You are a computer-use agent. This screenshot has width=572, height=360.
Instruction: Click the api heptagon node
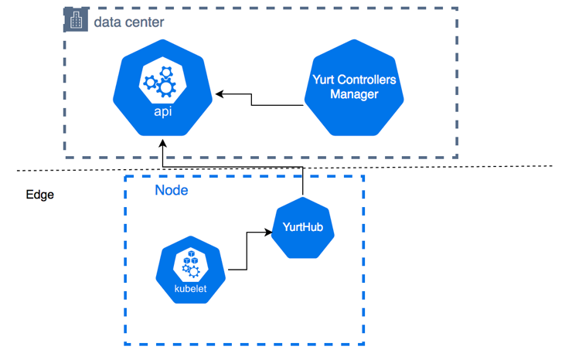164,89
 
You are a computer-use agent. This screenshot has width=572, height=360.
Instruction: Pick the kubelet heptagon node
189,271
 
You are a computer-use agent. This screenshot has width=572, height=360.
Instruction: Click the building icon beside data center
75,22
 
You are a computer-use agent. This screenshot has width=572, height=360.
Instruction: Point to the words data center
128,22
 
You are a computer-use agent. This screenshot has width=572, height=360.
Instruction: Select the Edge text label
39,195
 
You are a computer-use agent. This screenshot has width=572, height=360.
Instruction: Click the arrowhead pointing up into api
163,144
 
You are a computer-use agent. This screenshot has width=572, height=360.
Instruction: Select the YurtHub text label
302,228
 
